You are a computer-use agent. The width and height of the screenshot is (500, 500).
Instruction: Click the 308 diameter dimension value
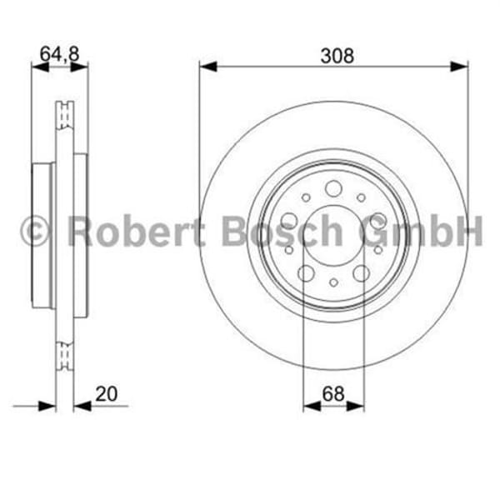[x=337, y=56]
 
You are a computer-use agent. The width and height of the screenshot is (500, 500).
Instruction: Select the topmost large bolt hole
[x=333, y=188]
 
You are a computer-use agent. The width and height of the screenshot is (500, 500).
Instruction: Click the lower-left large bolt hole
[x=306, y=273]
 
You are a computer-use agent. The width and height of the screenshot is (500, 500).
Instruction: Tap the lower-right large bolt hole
[x=361, y=273]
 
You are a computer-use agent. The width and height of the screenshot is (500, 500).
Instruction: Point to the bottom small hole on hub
[x=333, y=282]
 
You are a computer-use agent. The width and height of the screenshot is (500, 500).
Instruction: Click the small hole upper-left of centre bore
[x=306, y=197]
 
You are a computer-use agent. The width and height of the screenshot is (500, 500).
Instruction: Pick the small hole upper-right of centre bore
[x=361, y=197]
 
